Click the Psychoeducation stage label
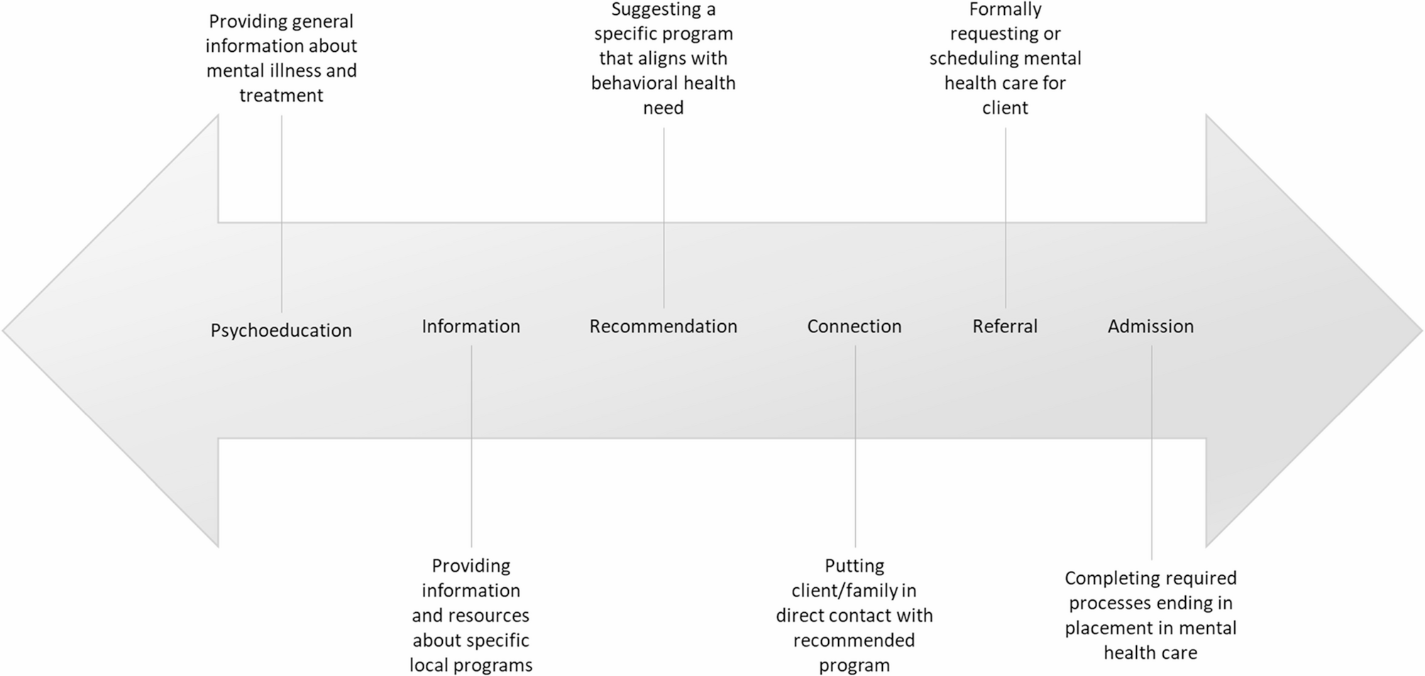[281, 330]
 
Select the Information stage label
[471, 326]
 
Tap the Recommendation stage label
[664, 326]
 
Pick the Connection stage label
[854, 326]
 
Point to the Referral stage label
[1005, 326]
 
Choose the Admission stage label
[1151, 326]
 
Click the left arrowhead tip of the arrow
[3, 331]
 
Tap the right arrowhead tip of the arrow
[1421, 331]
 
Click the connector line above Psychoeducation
[282, 214]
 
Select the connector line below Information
[471, 447]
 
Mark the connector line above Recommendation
[664, 218]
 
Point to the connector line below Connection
[855, 447]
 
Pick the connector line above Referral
[1006, 218]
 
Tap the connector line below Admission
[1152, 453]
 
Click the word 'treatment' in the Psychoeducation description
[281, 95]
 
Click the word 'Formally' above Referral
[1006, 11]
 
